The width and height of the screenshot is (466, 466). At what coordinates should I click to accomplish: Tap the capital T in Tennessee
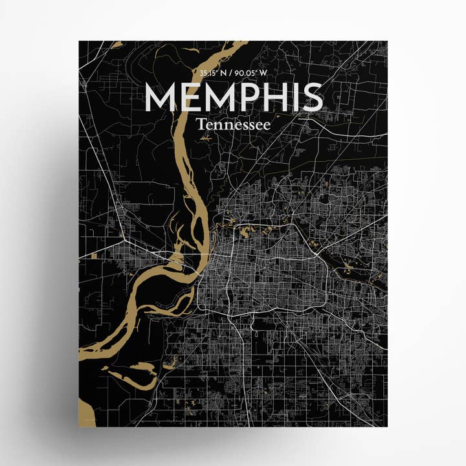(202, 122)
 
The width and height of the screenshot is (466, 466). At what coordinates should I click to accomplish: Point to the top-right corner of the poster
(387, 41)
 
